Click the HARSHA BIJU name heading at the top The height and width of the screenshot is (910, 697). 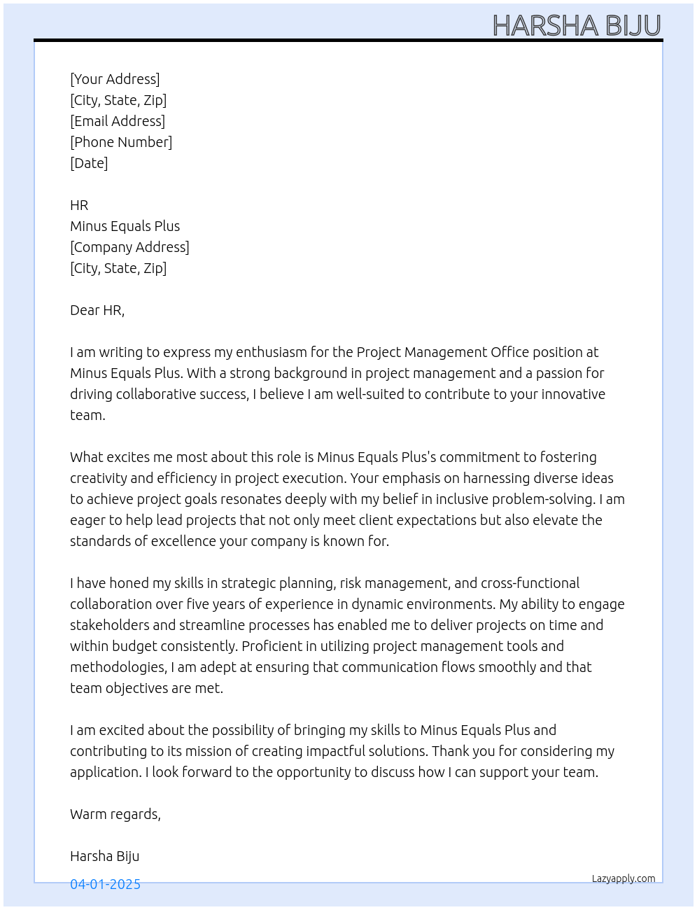[x=577, y=26]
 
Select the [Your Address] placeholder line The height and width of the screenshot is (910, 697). [x=115, y=79]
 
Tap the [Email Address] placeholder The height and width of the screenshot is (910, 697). [x=118, y=121]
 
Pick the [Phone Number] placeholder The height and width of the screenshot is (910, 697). [x=121, y=142]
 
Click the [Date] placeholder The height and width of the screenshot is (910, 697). [x=89, y=163]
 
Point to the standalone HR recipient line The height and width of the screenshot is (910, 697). [x=79, y=205]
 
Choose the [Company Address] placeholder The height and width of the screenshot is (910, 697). [x=129, y=247]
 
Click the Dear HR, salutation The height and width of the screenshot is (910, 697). [x=97, y=310]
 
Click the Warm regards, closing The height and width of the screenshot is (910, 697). [x=115, y=814]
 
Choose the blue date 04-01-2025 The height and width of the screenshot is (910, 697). [x=105, y=884]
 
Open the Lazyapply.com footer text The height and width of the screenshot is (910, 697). [x=624, y=878]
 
